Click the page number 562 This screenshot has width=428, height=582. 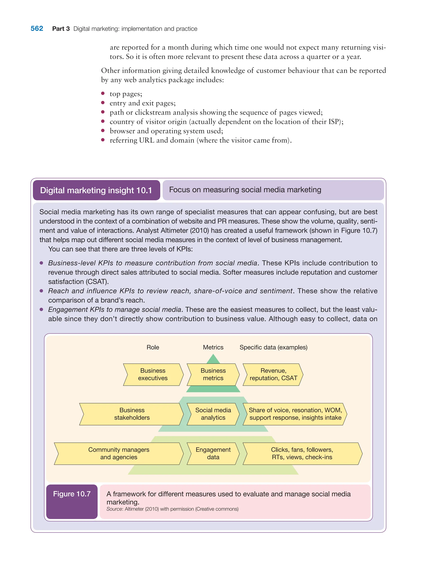tap(37, 28)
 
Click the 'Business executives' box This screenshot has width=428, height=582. tap(153, 374)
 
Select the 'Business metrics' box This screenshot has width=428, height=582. tap(213, 374)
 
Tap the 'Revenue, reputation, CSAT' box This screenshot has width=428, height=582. tap(273, 374)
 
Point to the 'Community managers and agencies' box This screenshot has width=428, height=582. tap(119, 453)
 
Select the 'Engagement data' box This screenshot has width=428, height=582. tap(213, 453)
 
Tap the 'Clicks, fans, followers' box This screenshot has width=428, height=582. tap(302, 453)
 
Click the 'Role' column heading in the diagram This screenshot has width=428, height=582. tap(153, 347)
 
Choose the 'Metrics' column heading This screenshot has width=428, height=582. tap(213, 347)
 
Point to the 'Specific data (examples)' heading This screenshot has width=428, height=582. tap(273, 347)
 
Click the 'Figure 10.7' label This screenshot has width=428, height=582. tap(72, 494)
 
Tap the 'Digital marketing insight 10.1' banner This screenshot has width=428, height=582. tap(96, 190)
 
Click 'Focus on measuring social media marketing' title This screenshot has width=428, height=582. tap(245, 189)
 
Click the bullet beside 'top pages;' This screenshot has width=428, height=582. tap(103, 93)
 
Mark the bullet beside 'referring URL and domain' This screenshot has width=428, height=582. tap(103, 140)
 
